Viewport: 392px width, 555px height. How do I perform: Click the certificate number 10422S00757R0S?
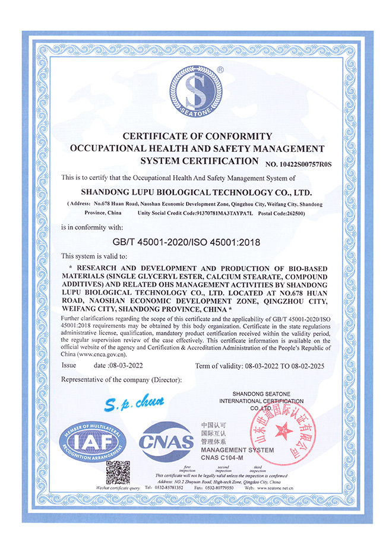[298, 164]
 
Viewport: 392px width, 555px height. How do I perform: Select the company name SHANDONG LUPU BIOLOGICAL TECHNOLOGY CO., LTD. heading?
[195, 192]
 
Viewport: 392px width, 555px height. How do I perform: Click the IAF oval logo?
[96, 442]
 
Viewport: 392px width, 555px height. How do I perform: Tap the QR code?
[118, 472]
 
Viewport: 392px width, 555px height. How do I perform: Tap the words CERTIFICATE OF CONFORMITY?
[197, 136]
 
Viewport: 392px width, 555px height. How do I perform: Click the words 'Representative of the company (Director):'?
[122, 380]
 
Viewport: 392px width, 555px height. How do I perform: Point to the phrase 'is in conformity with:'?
[93, 227]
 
